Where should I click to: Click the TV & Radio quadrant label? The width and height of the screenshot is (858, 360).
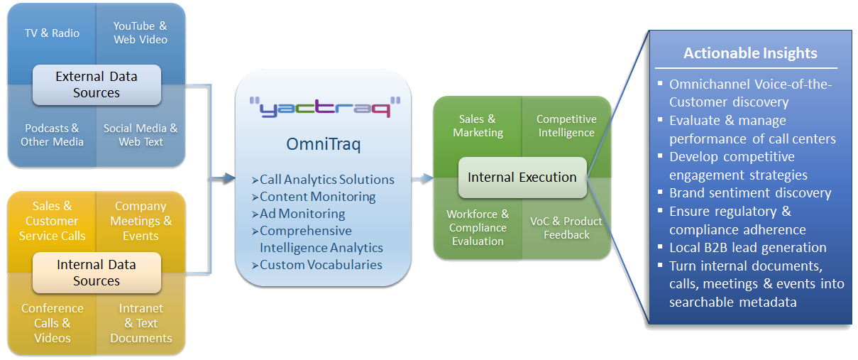pyautogui.click(x=52, y=33)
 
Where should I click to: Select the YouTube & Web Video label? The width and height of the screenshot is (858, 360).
pyautogui.click(x=141, y=33)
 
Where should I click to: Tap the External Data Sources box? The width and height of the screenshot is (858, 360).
pyautogui.click(x=97, y=84)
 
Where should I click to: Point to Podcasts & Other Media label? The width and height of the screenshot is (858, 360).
pyautogui.click(x=52, y=135)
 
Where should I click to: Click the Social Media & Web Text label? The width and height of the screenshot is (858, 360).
pyautogui.click(x=141, y=135)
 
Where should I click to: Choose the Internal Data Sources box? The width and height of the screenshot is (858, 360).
pyautogui.click(x=97, y=273)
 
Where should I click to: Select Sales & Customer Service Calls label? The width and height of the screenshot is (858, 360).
pyautogui.click(x=52, y=221)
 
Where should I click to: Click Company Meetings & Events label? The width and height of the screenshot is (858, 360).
pyautogui.click(x=141, y=221)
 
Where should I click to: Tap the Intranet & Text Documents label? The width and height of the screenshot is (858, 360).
pyautogui.click(x=141, y=323)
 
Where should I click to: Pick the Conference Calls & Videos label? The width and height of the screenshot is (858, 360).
pyautogui.click(x=52, y=323)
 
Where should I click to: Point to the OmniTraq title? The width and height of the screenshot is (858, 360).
pyautogui.click(x=324, y=146)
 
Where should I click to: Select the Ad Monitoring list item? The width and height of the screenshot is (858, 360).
pyautogui.click(x=302, y=214)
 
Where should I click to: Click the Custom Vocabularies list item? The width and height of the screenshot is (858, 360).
pyautogui.click(x=321, y=265)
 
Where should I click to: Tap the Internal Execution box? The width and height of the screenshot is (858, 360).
pyautogui.click(x=522, y=178)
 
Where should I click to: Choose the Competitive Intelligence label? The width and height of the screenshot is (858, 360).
pyautogui.click(x=566, y=126)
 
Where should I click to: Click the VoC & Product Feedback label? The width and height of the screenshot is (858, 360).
pyautogui.click(x=566, y=228)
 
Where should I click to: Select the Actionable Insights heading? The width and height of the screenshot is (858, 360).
pyautogui.click(x=750, y=53)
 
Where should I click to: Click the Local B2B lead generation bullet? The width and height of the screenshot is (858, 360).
pyautogui.click(x=747, y=248)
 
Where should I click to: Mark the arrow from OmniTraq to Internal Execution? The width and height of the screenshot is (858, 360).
pyautogui.click(x=424, y=178)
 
